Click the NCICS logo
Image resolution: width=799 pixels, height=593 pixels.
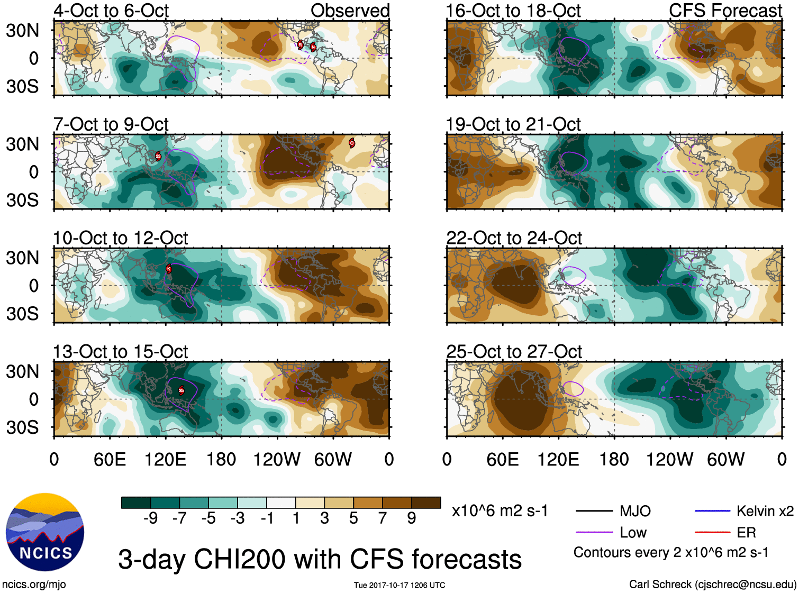(x=44, y=532)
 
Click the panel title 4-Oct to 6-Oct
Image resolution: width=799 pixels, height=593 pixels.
(x=111, y=11)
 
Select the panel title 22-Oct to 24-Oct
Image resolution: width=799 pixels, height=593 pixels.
(x=514, y=238)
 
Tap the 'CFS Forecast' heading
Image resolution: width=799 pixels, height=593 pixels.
(x=725, y=11)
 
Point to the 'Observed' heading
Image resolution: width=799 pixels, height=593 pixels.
(x=350, y=11)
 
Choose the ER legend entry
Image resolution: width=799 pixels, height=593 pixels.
(x=746, y=532)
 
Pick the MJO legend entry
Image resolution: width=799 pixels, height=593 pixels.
(x=635, y=511)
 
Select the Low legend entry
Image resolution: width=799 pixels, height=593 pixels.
(x=633, y=532)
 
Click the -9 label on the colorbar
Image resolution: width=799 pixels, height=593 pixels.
(x=150, y=518)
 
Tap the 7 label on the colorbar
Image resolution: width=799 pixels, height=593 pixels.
(x=383, y=518)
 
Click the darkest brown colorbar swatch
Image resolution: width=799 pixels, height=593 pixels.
(x=426, y=503)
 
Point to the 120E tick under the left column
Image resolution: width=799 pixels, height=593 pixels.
(x=166, y=459)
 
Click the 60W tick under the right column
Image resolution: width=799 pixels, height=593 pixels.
(x=725, y=459)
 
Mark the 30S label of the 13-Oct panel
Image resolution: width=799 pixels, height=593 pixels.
(x=22, y=427)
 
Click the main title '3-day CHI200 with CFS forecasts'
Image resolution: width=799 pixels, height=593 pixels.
(x=320, y=559)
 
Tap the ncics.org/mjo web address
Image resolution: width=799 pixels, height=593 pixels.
(x=34, y=585)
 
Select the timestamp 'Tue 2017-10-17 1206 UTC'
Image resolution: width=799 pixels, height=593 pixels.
(x=399, y=585)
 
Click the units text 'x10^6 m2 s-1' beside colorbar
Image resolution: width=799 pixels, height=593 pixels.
(x=500, y=511)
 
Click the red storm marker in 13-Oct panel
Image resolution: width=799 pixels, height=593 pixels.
(x=181, y=390)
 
